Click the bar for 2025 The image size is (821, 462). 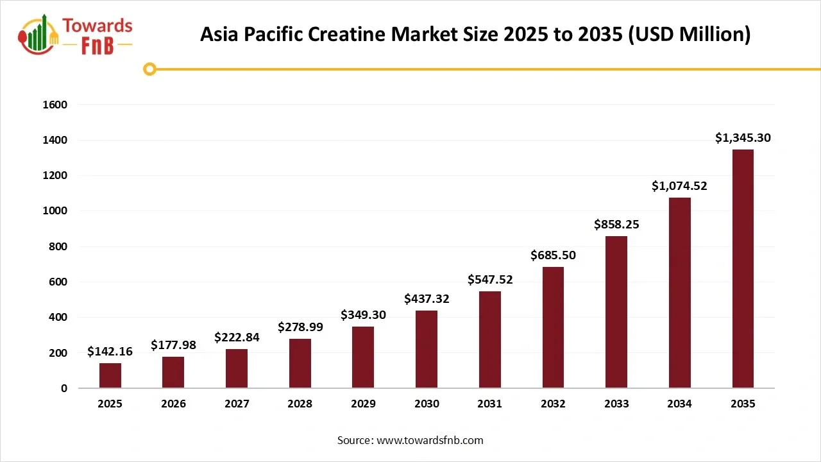pos(110,375)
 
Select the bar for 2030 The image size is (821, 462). pos(427,350)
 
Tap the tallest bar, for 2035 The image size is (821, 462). pos(743,269)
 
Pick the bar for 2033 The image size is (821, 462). pos(616,312)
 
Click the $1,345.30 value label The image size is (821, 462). pos(743,137)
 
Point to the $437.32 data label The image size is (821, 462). pos(427,299)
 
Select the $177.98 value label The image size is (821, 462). pos(173,345)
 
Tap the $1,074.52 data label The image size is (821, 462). pos(679,186)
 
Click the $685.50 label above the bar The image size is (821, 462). pos(553,255)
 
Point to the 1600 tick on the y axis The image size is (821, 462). pos(55,105)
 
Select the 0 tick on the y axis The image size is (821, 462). pos(64,388)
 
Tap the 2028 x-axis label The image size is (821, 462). pos(300,404)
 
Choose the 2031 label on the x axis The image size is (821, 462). pos(490,404)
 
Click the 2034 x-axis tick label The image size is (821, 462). pos(679,404)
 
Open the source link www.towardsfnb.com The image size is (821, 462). pos(429,440)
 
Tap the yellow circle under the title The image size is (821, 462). pos(149,69)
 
